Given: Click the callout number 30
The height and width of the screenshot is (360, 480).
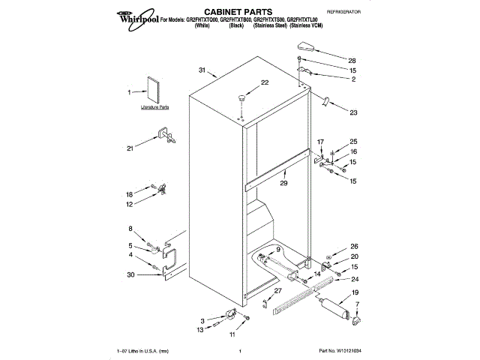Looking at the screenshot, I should [131, 275].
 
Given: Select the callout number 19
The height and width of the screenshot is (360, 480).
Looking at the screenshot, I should [356, 292].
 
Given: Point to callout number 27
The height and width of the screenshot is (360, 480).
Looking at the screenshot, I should [277, 291].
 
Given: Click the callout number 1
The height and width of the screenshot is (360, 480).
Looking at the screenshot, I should [130, 92].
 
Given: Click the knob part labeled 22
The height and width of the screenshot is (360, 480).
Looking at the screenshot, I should [242, 97].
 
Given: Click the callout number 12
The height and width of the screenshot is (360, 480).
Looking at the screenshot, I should [130, 204].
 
